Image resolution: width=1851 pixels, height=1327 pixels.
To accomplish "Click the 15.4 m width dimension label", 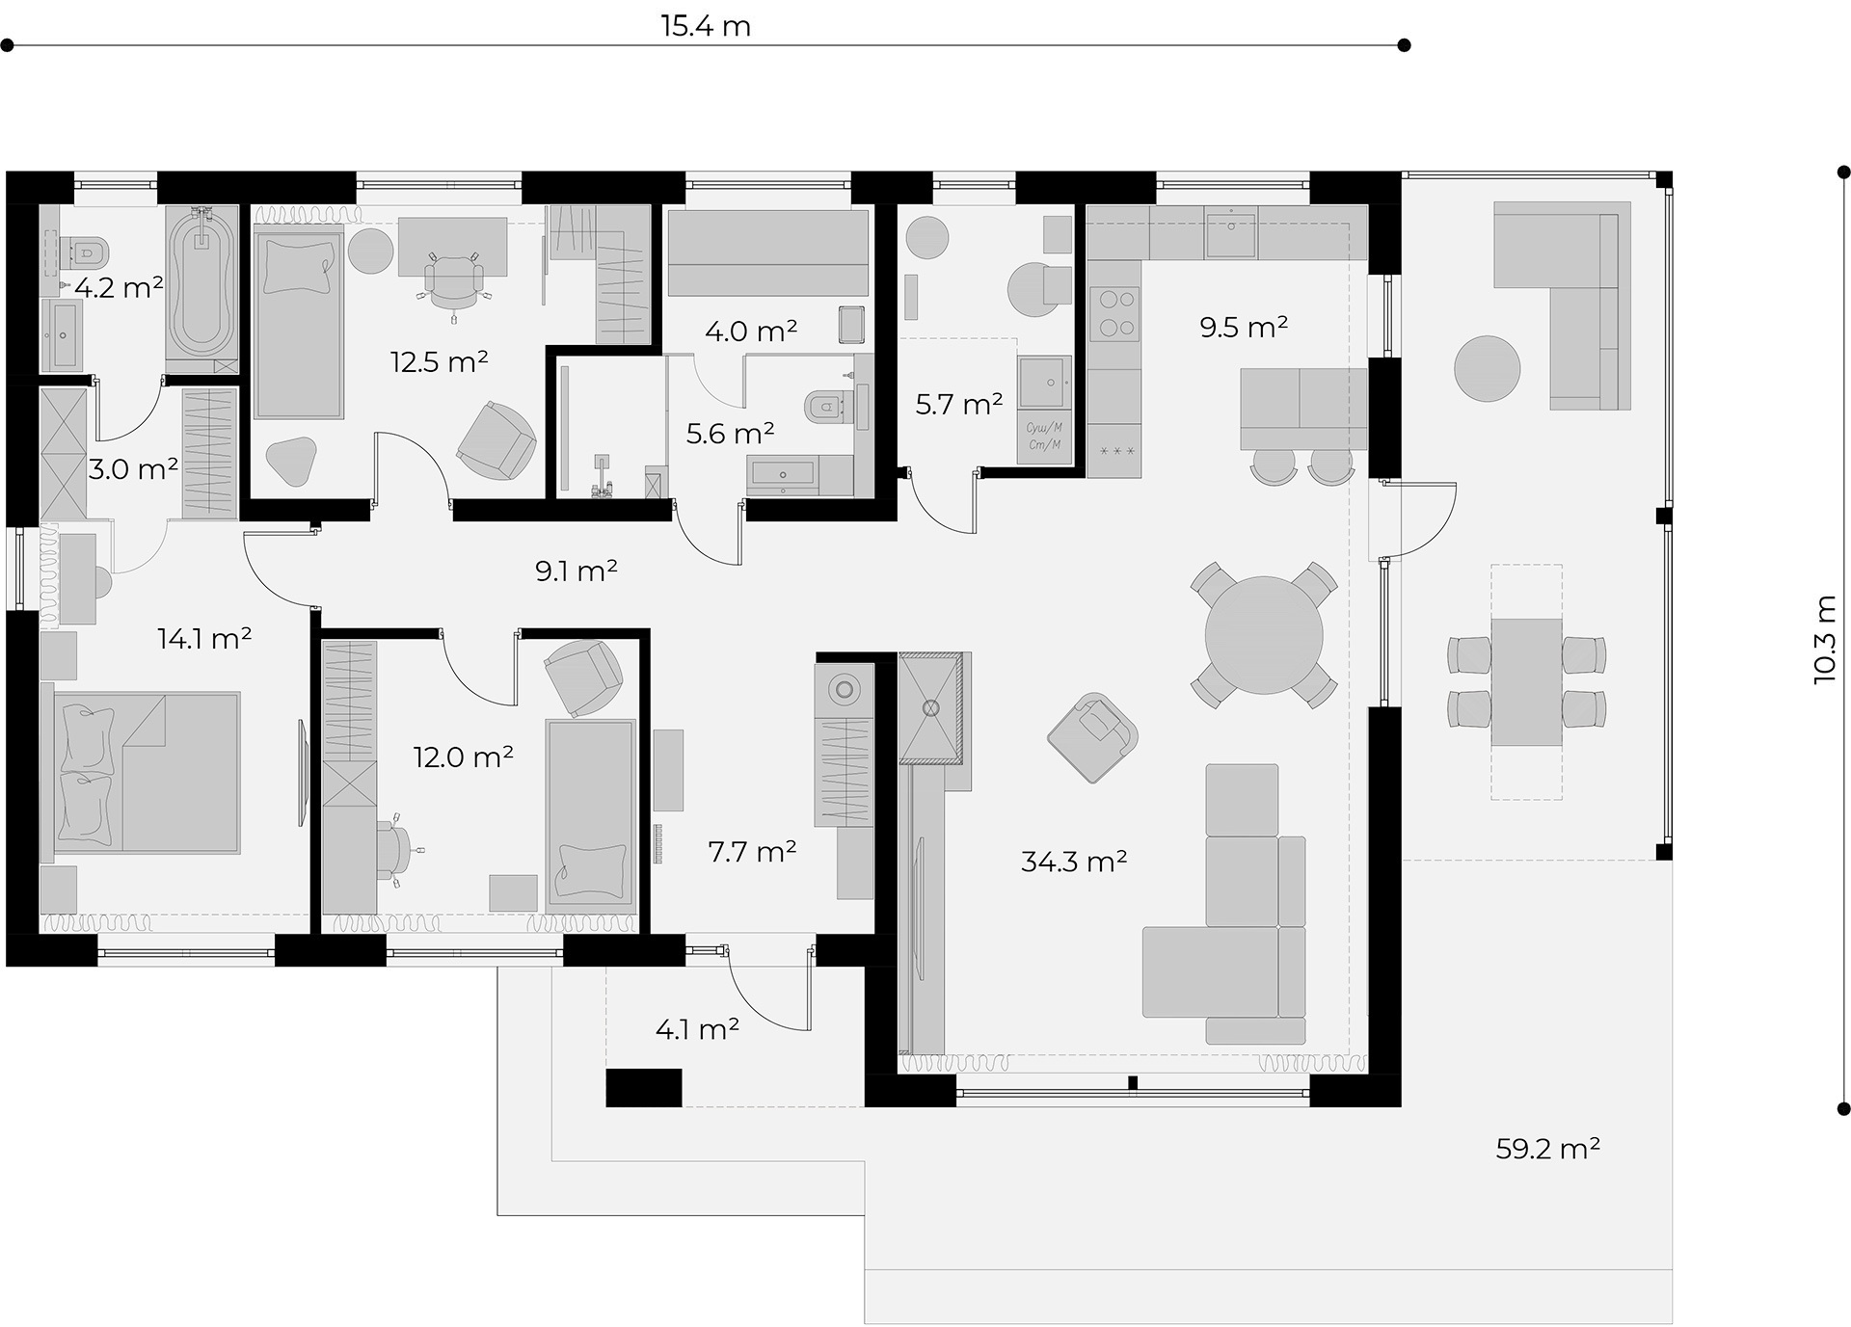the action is click(x=706, y=26).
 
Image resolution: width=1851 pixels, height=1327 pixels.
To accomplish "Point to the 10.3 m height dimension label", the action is click(x=1825, y=639).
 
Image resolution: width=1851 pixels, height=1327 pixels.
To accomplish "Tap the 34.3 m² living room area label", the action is click(x=1074, y=861).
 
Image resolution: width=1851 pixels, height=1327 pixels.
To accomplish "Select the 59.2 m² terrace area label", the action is click(x=1548, y=1148).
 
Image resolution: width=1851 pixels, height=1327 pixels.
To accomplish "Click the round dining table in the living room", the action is click(x=1264, y=635).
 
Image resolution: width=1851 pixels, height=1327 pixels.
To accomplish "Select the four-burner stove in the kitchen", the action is click(x=1115, y=314).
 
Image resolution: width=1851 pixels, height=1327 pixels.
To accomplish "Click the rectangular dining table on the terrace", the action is click(x=1526, y=682).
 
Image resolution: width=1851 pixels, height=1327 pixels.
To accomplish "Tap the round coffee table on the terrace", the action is click(x=1488, y=368).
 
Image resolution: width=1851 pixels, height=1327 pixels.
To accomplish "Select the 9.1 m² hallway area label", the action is click(x=577, y=571).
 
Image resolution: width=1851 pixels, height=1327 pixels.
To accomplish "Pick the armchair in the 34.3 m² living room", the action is click(x=1092, y=736).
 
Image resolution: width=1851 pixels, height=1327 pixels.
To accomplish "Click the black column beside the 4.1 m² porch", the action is click(x=643, y=1087).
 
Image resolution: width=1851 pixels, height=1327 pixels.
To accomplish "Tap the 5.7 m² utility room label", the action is click(x=959, y=404).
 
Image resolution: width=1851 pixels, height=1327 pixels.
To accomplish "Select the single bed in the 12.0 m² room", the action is click(x=591, y=814).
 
